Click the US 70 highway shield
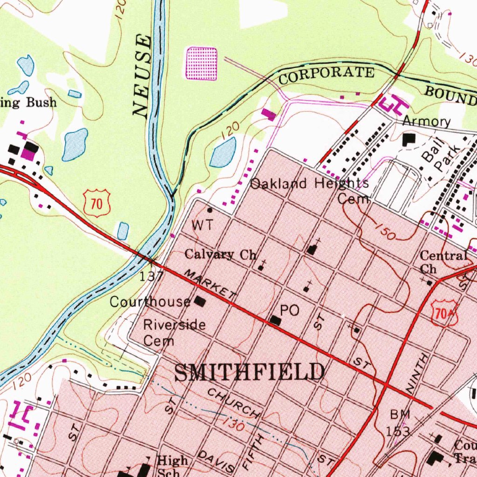click(x=97, y=203)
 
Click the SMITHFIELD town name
click(x=250, y=373)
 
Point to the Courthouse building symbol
click(x=200, y=301)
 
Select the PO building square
click(x=275, y=320)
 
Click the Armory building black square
click(x=409, y=139)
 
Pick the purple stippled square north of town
click(x=202, y=63)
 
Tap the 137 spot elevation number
click(x=151, y=276)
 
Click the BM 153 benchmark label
click(x=398, y=422)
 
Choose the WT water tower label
click(x=203, y=225)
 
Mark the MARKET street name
click(x=210, y=284)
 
